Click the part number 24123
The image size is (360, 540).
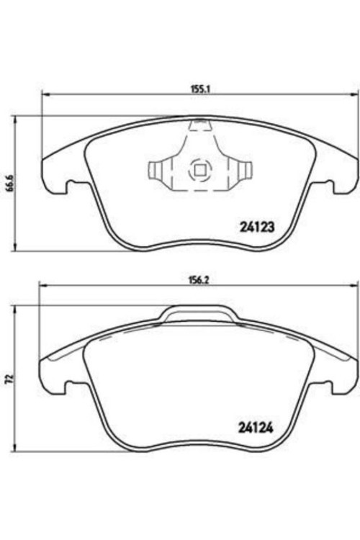click(x=256, y=227)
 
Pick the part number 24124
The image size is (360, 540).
click(x=256, y=428)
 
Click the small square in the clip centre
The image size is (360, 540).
click(x=200, y=170)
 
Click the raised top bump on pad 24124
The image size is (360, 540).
click(x=199, y=312)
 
